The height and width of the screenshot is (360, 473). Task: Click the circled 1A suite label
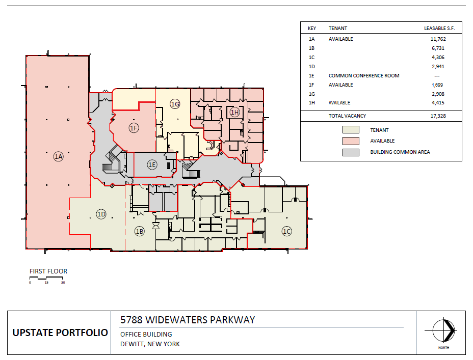58,157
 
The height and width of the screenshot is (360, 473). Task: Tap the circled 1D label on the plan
101,214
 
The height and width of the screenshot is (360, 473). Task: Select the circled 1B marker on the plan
139,231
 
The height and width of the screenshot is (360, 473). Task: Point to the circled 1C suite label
287,231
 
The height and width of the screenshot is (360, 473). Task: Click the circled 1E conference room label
152,164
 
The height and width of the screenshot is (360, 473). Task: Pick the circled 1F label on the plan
134,128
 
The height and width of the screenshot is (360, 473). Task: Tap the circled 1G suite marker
175,104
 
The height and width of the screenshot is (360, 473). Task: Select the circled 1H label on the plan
234,112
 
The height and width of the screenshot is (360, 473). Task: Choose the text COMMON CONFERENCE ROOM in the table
363,76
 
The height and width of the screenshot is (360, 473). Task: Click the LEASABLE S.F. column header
439,29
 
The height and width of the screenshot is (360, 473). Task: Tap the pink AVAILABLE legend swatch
351,141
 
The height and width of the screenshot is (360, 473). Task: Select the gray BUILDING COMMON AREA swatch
351,152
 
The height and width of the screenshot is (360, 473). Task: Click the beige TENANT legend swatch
351,130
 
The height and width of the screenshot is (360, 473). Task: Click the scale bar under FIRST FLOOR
46,278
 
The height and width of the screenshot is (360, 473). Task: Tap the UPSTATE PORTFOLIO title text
60,333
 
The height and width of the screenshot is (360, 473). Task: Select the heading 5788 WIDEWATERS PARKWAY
187,320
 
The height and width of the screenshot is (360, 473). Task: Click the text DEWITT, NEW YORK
150,344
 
